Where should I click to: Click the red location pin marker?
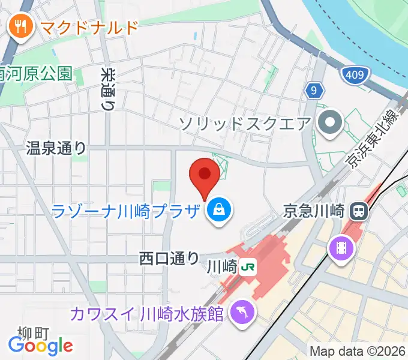pyautogui.click(x=204, y=176)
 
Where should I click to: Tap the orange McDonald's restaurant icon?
pyautogui.click(x=20, y=27)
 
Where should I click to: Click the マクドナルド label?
pyautogui.click(x=89, y=27)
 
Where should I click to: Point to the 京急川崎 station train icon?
pyautogui.click(x=359, y=211)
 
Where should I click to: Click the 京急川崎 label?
pyautogui.click(x=314, y=211)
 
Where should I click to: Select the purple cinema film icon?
pyautogui.click(x=341, y=247)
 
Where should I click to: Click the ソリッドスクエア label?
pyautogui.click(x=245, y=124)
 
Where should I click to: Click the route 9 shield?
pyautogui.click(x=314, y=91)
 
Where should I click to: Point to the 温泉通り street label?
pyautogui.click(x=56, y=148)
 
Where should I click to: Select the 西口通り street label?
pyautogui.click(x=169, y=258)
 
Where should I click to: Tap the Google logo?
pyautogui.click(x=40, y=345)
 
